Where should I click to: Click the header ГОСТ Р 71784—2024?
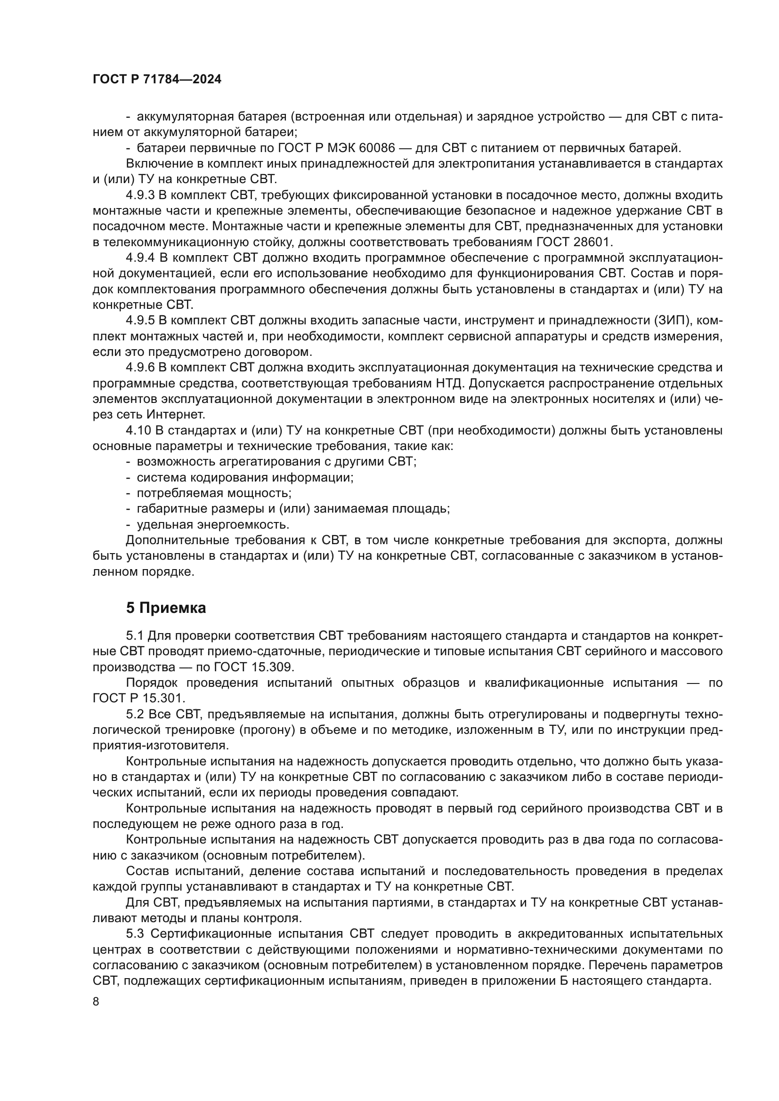pyautogui.click(x=157, y=80)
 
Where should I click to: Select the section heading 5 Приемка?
pyautogui.click(x=166, y=608)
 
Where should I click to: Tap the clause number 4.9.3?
pyautogui.click(x=140, y=195)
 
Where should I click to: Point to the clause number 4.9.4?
pyautogui.click(x=140, y=258)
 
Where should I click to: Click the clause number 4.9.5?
pyautogui.click(x=140, y=321)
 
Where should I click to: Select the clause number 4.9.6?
pyautogui.click(x=140, y=367)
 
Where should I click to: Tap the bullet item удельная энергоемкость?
pyautogui.click(x=213, y=524)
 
